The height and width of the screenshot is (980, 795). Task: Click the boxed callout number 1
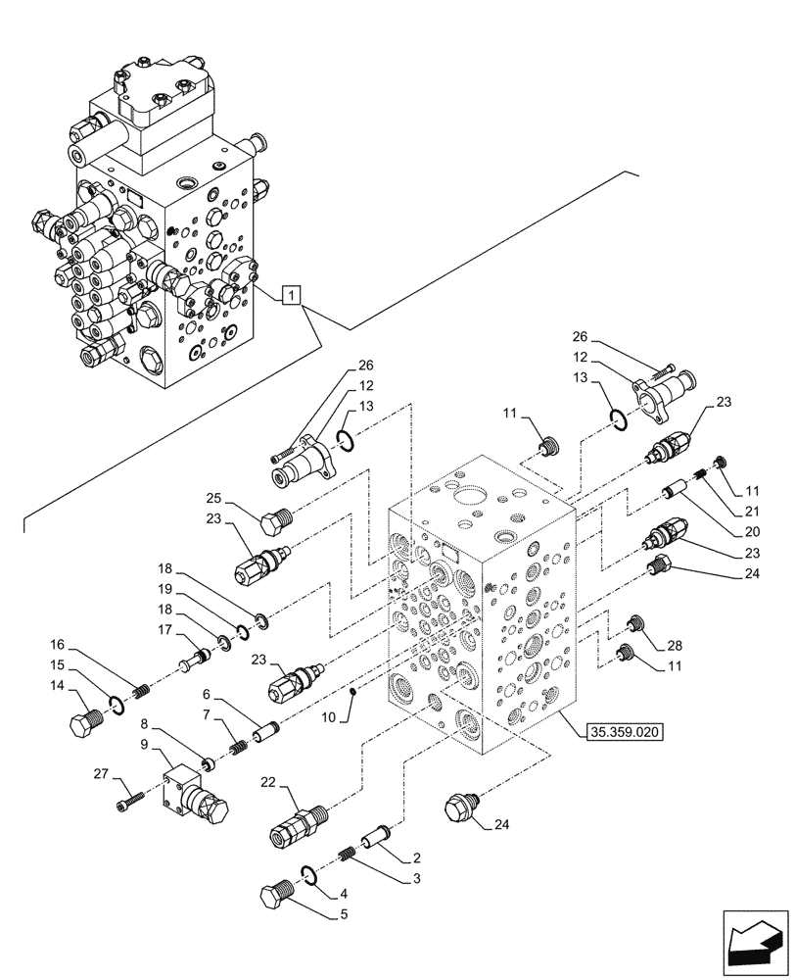click(291, 294)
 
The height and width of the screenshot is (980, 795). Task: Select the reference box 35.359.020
click(624, 731)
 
